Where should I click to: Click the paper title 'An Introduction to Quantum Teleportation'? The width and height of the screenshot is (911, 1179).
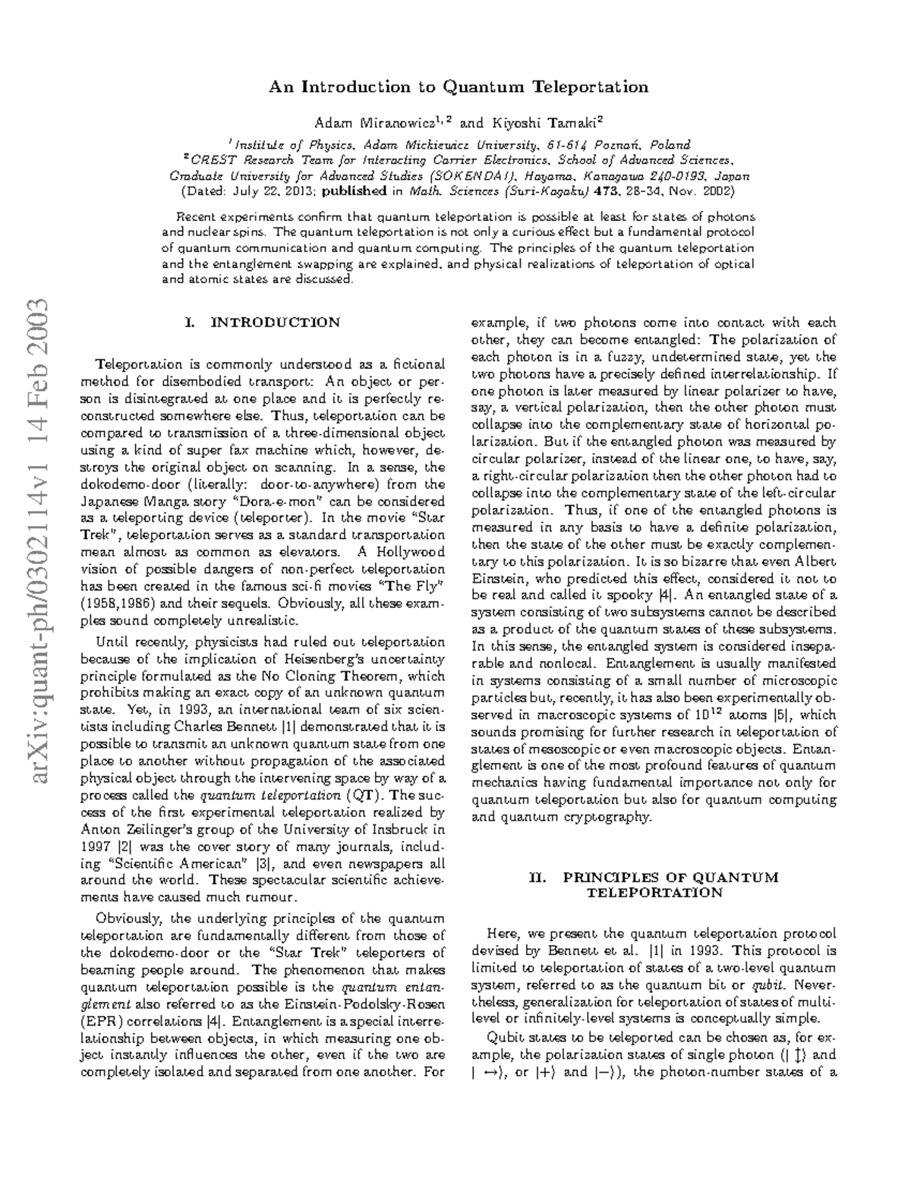[x=459, y=87]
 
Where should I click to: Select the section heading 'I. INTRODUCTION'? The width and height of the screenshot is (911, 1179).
[x=262, y=322]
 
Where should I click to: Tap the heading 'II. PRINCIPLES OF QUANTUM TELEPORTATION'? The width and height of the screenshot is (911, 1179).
[x=654, y=885]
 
